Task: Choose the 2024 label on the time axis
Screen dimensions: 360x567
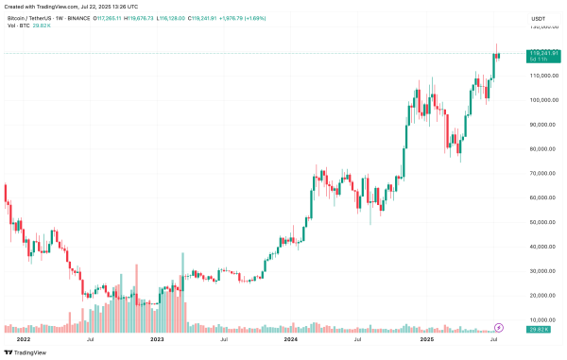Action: point(290,338)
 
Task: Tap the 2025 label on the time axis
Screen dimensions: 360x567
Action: point(425,338)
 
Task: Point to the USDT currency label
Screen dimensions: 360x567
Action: point(540,18)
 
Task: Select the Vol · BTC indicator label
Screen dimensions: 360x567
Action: point(16,26)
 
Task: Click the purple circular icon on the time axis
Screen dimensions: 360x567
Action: point(498,327)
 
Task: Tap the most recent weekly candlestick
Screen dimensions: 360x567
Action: point(498,57)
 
